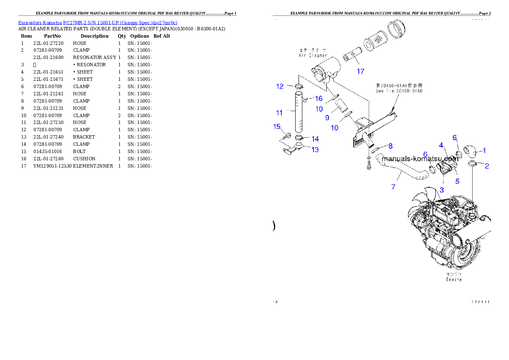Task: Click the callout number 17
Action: tap(361, 71)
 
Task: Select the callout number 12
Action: tap(279, 86)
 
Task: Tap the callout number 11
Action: tap(279, 113)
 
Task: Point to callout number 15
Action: tap(277, 127)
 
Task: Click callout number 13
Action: tap(315, 150)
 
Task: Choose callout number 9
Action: tap(327, 118)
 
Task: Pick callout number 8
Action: tap(390, 146)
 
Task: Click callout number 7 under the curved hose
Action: tap(393, 187)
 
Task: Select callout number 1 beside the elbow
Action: tap(484, 150)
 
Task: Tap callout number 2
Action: tap(486, 166)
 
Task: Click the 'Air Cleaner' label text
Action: tap(313, 55)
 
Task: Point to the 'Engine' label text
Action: tap(454, 279)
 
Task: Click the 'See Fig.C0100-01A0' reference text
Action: tap(399, 91)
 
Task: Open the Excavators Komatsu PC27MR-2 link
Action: tap(98, 22)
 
